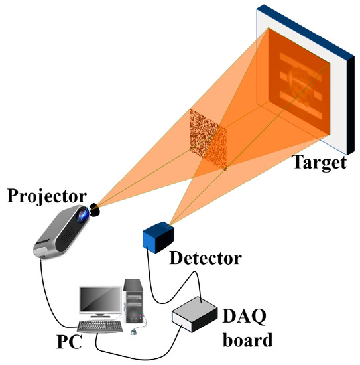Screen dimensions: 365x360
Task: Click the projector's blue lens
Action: click(82, 215)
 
